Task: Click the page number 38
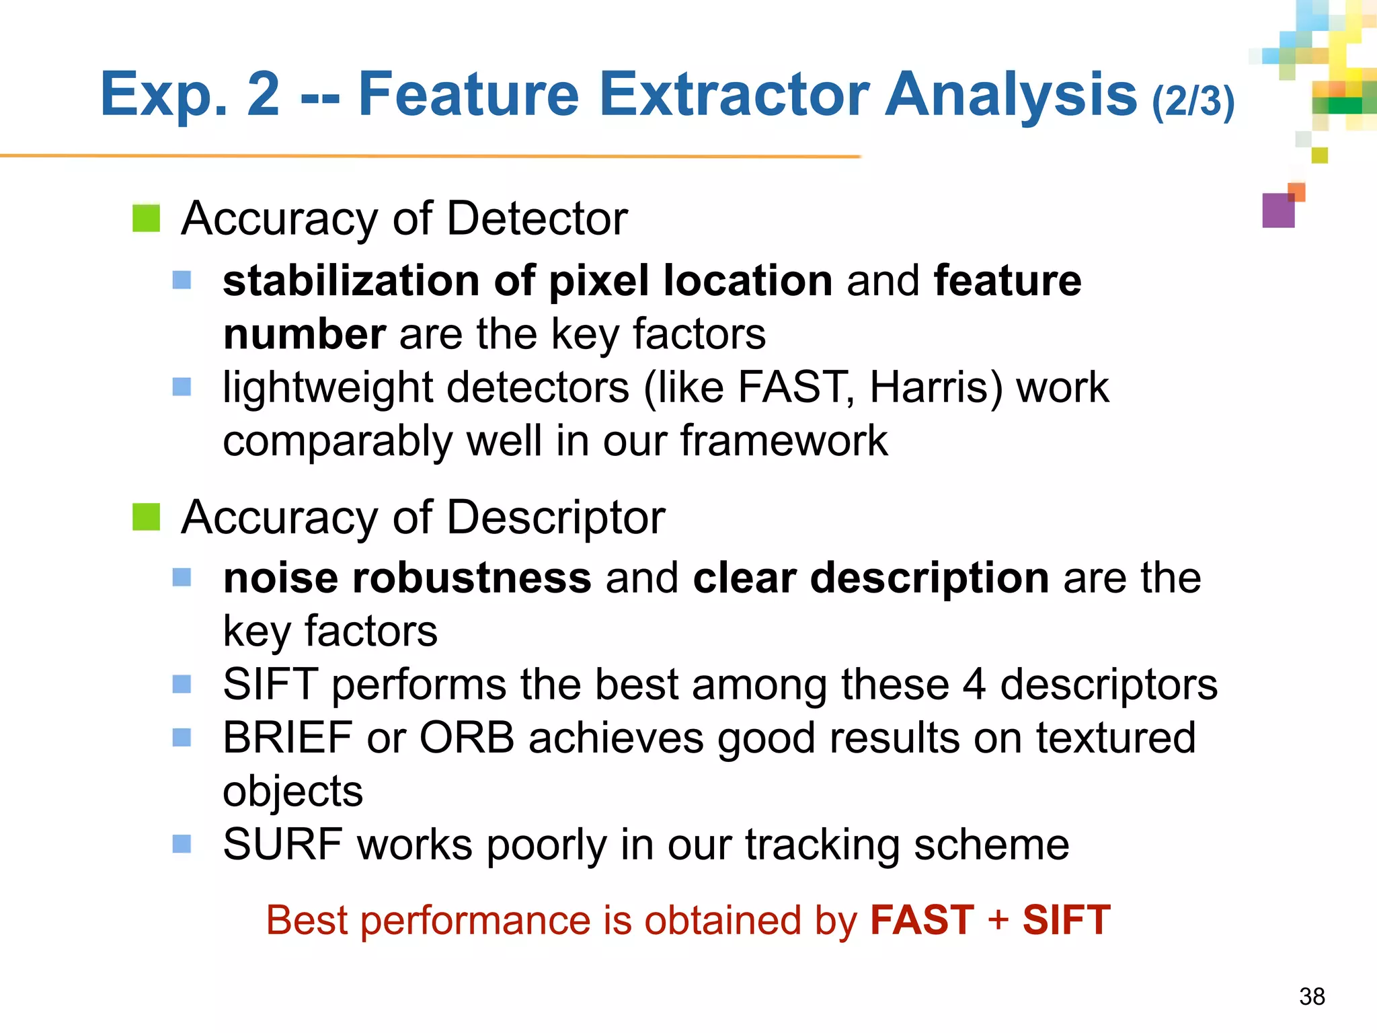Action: (x=1312, y=996)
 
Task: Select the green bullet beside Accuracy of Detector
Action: (x=146, y=218)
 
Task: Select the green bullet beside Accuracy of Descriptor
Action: (x=146, y=516)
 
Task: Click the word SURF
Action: (x=282, y=844)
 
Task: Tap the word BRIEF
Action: (x=288, y=738)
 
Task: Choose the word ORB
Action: (x=467, y=738)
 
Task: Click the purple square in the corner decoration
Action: (x=1278, y=211)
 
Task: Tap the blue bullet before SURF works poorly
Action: (x=182, y=843)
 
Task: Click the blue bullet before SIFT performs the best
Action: (x=182, y=684)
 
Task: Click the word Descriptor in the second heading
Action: (x=555, y=517)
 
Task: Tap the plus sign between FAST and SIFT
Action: (x=998, y=919)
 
